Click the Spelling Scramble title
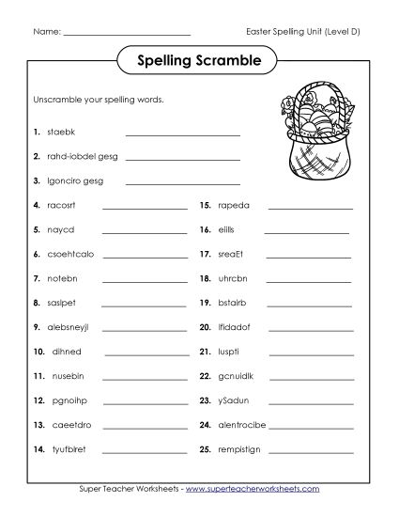click(x=199, y=61)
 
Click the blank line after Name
click(x=128, y=35)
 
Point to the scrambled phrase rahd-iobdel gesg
click(x=77, y=156)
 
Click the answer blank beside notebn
click(x=145, y=279)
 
